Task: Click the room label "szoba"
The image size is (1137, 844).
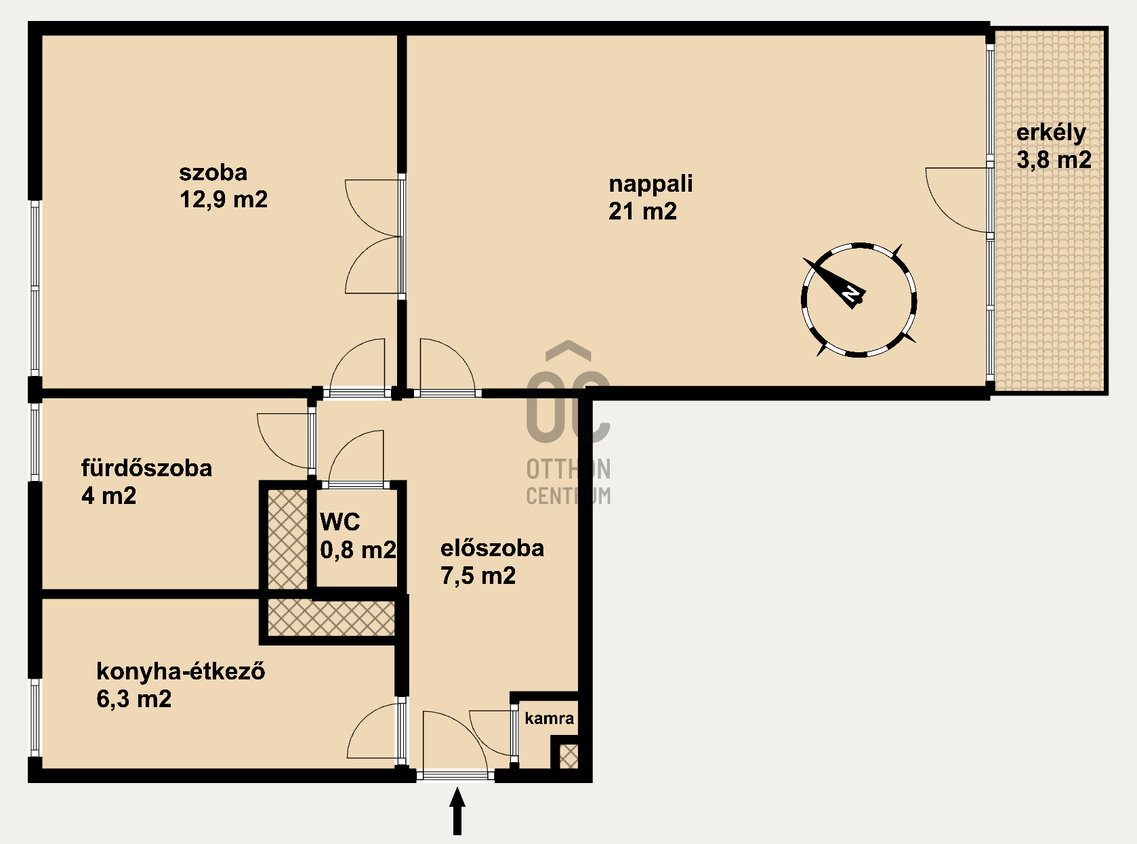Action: tap(213, 173)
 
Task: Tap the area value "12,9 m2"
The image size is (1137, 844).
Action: tap(224, 199)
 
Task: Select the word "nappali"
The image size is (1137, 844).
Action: tap(650, 184)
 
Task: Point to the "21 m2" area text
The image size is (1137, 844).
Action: tap(642, 211)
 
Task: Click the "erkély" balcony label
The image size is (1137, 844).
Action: tap(1051, 133)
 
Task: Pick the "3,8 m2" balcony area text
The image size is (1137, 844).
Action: tap(1054, 160)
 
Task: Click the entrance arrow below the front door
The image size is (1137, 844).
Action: tap(457, 811)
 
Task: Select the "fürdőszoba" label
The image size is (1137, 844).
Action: tap(146, 468)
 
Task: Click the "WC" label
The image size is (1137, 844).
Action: tap(340, 522)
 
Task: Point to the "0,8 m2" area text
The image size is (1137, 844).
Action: tap(358, 550)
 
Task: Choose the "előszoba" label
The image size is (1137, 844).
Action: tap(492, 548)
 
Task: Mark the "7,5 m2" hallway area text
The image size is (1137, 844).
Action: tap(478, 576)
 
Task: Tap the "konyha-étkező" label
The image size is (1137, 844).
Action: tap(180, 671)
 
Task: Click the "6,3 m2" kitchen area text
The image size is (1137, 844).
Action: tap(133, 699)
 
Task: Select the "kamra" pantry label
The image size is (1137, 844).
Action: tap(549, 718)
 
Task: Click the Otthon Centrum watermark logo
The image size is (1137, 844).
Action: tap(568, 423)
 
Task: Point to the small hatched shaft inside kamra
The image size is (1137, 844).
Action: tap(568, 756)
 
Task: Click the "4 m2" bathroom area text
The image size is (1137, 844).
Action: tap(108, 496)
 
